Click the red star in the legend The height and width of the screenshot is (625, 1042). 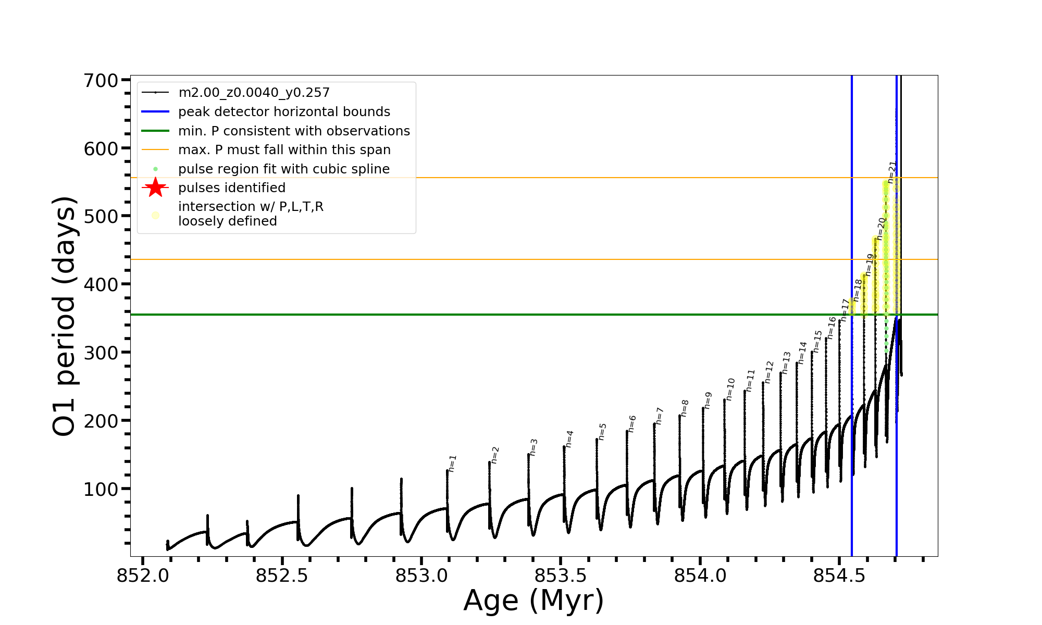155,187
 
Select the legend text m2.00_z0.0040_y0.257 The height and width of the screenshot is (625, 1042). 254,93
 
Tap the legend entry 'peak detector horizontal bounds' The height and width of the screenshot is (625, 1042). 284,112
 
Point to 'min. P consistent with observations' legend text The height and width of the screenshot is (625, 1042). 294,131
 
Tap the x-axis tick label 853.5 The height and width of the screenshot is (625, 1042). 561,576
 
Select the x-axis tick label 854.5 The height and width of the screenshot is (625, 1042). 839,576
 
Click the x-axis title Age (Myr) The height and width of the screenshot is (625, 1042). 534,601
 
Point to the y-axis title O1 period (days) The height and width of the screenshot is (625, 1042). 65,316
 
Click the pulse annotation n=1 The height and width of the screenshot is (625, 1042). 453,463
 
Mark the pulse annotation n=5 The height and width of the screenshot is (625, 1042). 603,431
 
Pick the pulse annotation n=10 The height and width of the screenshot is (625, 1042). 730,389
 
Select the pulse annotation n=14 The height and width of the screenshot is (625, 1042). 802,353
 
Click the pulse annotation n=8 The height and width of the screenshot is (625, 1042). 685,408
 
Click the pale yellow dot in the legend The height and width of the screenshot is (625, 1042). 155,215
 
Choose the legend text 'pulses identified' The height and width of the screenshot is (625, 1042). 232,188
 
